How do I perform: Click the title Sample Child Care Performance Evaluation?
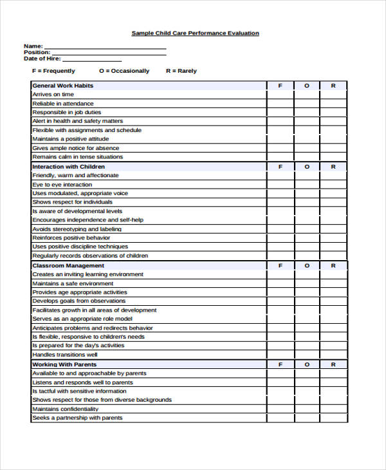195,33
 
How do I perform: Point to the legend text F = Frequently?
53,71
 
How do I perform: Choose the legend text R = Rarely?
181,71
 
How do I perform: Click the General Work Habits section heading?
62,86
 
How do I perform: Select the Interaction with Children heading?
68,167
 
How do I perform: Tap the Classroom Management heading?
68,266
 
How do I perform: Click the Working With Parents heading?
64,364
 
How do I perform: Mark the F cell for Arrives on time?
280,95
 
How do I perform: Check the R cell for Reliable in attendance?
333,104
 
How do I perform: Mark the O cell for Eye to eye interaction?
307,185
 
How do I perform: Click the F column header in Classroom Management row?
280,266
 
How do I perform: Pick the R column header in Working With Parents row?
333,364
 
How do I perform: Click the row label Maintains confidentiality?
66,409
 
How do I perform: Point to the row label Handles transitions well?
65,355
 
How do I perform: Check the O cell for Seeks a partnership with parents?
307,418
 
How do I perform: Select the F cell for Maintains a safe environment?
280,283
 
